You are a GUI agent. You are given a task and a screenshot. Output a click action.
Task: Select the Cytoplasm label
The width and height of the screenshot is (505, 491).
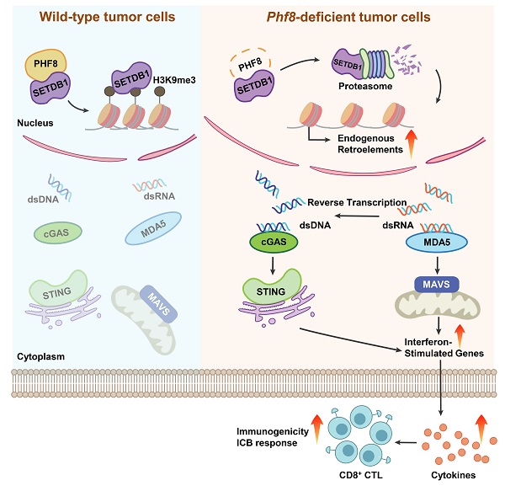point(40,356)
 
